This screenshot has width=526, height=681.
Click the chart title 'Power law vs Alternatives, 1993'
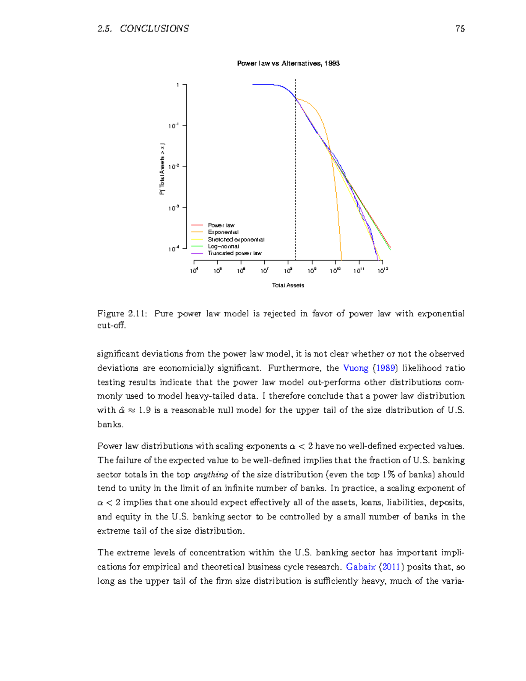tap(288, 63)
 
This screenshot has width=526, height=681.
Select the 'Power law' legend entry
tap(221, 225)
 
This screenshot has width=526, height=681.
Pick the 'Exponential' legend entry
tap(223, 232)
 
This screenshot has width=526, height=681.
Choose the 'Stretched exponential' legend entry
tap(236, 239)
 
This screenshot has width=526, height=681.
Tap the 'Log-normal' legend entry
tap(223, 246)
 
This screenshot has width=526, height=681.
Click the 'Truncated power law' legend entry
tap(235, 253)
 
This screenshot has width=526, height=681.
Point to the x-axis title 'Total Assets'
tap(288, 285)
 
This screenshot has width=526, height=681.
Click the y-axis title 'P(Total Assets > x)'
tap(162, 169)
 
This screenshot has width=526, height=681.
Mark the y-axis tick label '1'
tap(178, 85)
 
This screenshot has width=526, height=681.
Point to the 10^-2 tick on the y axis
tap(174, 167)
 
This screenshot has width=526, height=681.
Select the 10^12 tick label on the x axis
tap(383, 271)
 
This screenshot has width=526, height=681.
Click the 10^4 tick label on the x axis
tap(194, 271)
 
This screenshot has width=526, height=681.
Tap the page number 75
tap(460, 29)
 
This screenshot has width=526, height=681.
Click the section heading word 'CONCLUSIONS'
tap(154, 29)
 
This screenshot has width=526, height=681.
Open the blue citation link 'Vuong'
tap(355, 368)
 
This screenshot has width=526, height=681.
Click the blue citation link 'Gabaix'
tap(361, 567)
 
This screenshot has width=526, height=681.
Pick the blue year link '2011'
tap(391, 567)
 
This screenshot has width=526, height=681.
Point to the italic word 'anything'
tap(211, 474)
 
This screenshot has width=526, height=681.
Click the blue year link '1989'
tap(386, 368)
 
